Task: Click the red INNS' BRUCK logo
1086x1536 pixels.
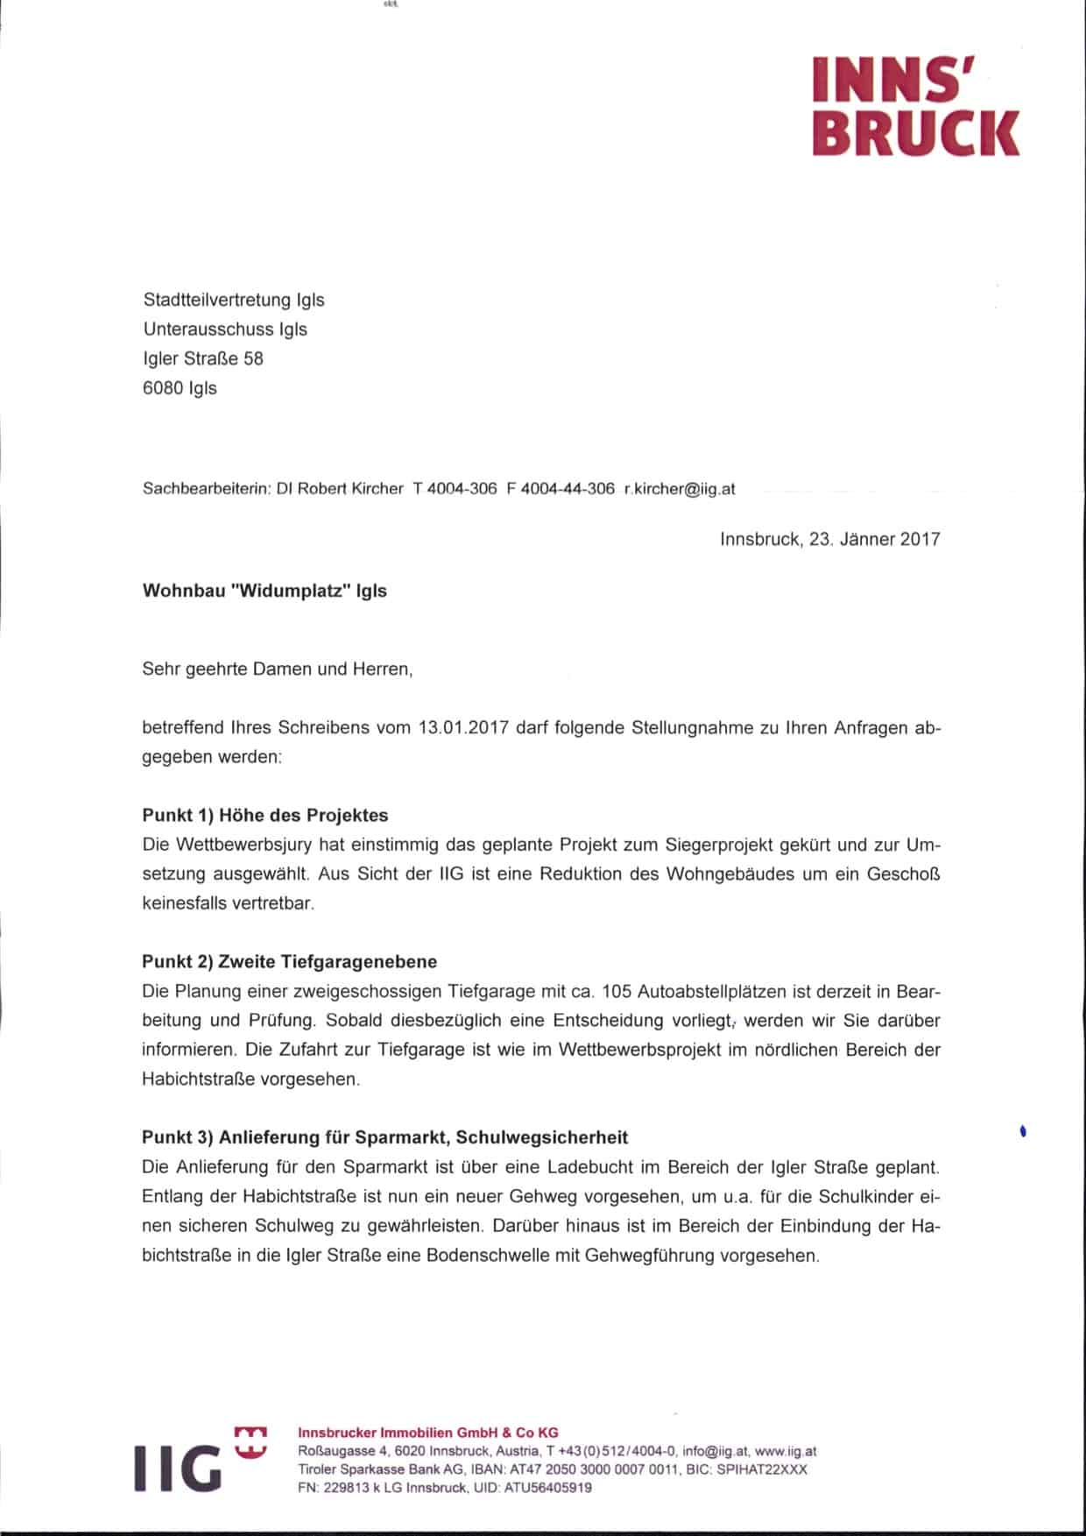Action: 915,105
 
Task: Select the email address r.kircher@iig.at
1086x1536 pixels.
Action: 680,489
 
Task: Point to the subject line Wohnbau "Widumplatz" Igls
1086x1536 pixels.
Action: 264,591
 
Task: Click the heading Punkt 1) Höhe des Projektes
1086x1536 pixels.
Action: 264,815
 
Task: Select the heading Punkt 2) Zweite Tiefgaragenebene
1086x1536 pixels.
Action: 289,961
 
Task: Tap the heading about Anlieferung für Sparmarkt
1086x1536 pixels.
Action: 385,1137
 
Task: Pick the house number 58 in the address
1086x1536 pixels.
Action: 253,358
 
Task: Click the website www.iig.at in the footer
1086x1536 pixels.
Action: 785,1451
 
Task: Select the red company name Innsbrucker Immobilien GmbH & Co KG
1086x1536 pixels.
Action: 428,1433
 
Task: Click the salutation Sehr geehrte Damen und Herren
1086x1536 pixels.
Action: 277,669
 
